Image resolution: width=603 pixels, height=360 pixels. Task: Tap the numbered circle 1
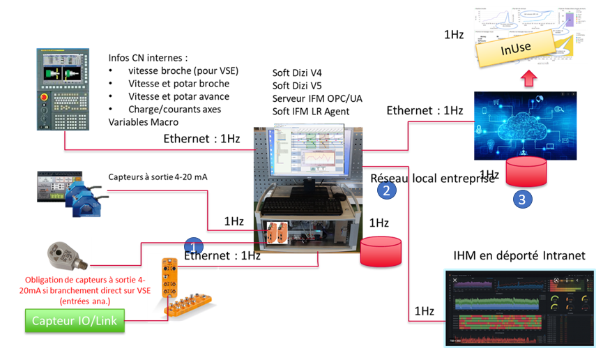pyautogui.click(x=193, y=246)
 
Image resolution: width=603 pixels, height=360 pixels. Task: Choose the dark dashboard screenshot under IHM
pyautogui.click(x=519, y=308)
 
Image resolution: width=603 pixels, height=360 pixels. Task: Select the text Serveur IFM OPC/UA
pyautogui.click(x=317, y=98)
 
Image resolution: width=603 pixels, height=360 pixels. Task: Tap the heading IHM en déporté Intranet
pyautogui.click(x=519, y=255)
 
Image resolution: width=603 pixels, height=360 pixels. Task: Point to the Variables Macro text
pyautogui.click(x=140, y=121)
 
